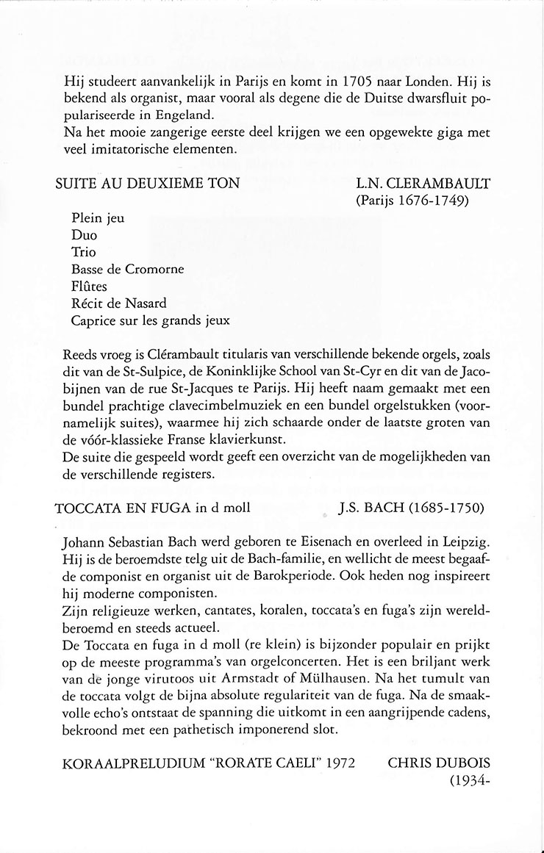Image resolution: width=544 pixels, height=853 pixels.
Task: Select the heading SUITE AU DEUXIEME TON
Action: (148, 183)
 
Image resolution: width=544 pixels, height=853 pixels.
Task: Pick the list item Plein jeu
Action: (98, 218)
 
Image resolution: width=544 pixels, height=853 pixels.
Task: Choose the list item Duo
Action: (85, 235)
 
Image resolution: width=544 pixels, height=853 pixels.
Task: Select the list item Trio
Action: (84, 252)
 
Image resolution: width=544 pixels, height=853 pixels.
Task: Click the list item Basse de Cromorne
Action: (128, 269)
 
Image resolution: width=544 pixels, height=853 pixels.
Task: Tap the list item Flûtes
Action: (89, 286)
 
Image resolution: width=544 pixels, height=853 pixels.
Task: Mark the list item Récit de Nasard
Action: (119, 303)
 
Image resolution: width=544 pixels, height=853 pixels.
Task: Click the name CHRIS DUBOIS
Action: (438, 763)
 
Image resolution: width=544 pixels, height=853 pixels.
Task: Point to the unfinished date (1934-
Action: (468, 781)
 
